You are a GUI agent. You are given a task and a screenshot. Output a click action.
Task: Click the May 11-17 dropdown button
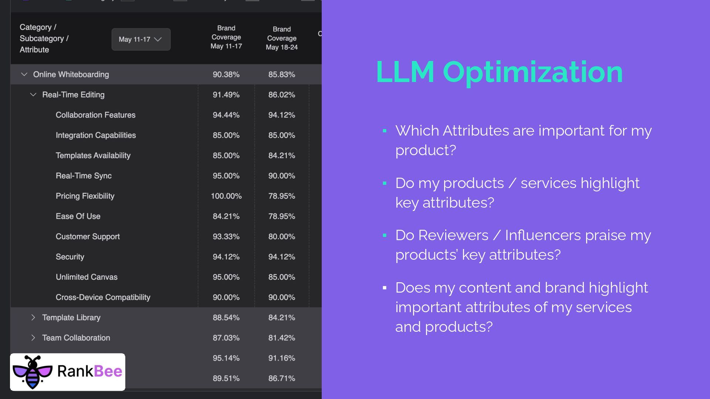coord(141,39)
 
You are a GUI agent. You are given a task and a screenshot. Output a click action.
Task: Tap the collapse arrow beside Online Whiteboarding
coord(24,74)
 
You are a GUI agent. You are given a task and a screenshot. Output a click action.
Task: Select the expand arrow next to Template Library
coord(33,317)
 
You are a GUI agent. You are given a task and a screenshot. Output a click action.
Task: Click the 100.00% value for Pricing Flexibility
coord(226,196)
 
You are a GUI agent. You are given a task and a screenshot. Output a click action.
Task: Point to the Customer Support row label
coord(88,236)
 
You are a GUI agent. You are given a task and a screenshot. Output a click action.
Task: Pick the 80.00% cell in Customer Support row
coord(281,236)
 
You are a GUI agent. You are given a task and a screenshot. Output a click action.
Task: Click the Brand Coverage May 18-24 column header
coord(281,38)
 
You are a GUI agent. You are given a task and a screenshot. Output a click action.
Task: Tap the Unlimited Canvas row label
coord(87,277)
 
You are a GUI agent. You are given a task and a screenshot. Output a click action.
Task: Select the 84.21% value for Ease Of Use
coord(226,216)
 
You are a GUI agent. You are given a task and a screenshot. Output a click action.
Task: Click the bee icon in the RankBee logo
coord(33,372)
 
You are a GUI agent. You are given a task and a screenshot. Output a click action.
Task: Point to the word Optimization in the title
coord(532,72)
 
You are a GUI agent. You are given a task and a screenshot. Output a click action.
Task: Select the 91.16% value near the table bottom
coord(281,358)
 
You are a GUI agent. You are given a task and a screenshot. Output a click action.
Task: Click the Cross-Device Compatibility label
coord(103,297)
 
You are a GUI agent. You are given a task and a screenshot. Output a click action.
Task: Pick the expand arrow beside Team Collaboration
coord(33,338)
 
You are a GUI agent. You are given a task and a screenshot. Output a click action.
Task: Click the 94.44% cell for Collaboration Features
coord(226,115)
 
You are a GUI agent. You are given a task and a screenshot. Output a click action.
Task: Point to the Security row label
coord(70,257)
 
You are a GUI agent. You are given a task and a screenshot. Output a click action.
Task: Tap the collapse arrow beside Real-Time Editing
coord(33,95)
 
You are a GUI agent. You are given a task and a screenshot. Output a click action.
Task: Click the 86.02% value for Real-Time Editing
coord(281,95)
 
